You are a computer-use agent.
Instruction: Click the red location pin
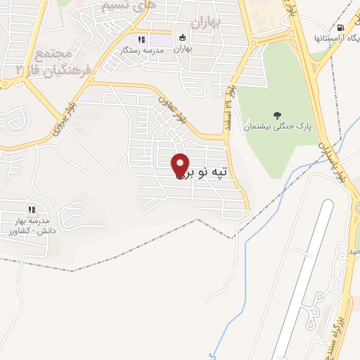point(181,164)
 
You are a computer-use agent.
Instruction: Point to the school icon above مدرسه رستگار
point(141,39)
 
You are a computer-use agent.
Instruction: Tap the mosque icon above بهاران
point(183,38)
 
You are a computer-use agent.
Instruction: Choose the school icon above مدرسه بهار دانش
point(31,209)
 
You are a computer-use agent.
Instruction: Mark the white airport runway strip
point(302,281)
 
